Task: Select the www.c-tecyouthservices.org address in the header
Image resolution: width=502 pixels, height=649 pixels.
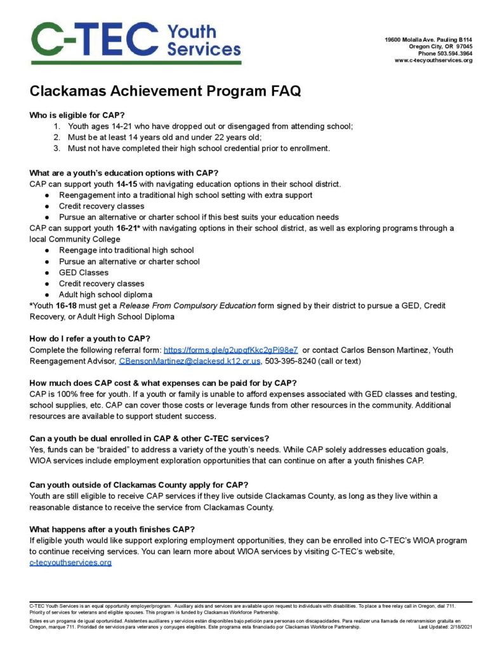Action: click(433, 60)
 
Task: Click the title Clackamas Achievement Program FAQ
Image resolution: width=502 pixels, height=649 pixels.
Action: click(165, 91)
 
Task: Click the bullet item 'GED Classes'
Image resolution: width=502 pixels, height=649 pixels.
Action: click(84, 273)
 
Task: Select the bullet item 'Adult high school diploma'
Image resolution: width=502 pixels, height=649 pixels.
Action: click(105, 295)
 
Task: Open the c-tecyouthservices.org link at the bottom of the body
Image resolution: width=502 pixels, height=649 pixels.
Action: click(70, 563)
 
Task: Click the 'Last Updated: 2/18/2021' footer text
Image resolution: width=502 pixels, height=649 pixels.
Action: click(446, 627)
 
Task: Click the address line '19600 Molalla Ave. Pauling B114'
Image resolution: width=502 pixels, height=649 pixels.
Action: click(428, 40)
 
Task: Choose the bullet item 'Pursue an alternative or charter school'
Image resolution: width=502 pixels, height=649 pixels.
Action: click(129, 261)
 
